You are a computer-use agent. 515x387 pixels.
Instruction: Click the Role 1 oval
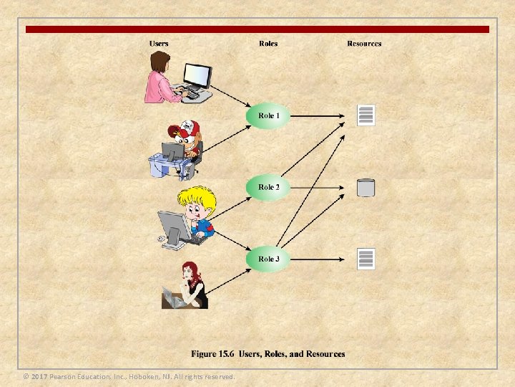click(269, 116)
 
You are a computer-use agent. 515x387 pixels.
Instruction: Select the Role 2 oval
click(269, 187)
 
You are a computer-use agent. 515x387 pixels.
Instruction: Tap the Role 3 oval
click(269, 259)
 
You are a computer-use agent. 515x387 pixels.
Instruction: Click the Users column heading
click(159, 44)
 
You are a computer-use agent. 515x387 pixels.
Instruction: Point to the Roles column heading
click(268, 44)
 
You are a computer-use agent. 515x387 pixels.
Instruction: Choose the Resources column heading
click(364, 44)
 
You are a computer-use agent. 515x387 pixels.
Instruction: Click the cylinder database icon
click(366, 188)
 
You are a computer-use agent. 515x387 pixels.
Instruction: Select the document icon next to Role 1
click(366, 115)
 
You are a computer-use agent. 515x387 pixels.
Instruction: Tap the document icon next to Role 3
click(366, 259)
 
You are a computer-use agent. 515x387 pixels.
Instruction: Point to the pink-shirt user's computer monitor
click(197, 75)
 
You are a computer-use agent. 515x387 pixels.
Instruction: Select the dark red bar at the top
click(257, 29)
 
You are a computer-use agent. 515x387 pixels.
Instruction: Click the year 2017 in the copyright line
click(39, 377)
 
